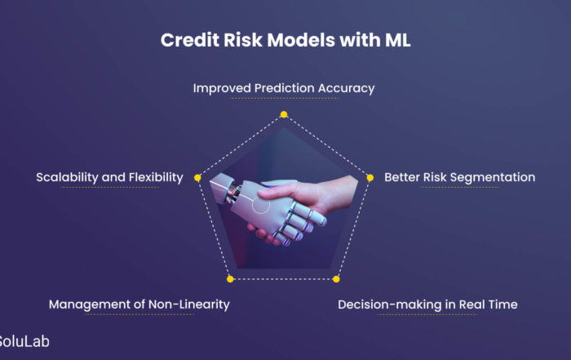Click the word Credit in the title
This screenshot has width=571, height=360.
(190, 40)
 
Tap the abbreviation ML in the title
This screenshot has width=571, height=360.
(397, 40)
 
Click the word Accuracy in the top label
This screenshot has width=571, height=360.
(346, 88)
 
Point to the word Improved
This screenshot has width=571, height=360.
(222, 88)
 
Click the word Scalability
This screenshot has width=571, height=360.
(67, 177)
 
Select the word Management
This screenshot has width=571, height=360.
(90, 304)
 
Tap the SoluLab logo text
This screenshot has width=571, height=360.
(24, 342)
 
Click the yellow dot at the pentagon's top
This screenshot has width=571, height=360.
(284, 114)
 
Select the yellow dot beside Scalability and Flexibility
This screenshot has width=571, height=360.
(197, 177)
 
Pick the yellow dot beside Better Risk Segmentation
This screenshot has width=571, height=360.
(370, 177)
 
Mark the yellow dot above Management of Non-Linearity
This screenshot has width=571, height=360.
(230, 279)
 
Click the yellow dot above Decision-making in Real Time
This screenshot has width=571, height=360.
(336, 279)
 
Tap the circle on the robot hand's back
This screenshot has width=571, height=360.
(261, 204)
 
